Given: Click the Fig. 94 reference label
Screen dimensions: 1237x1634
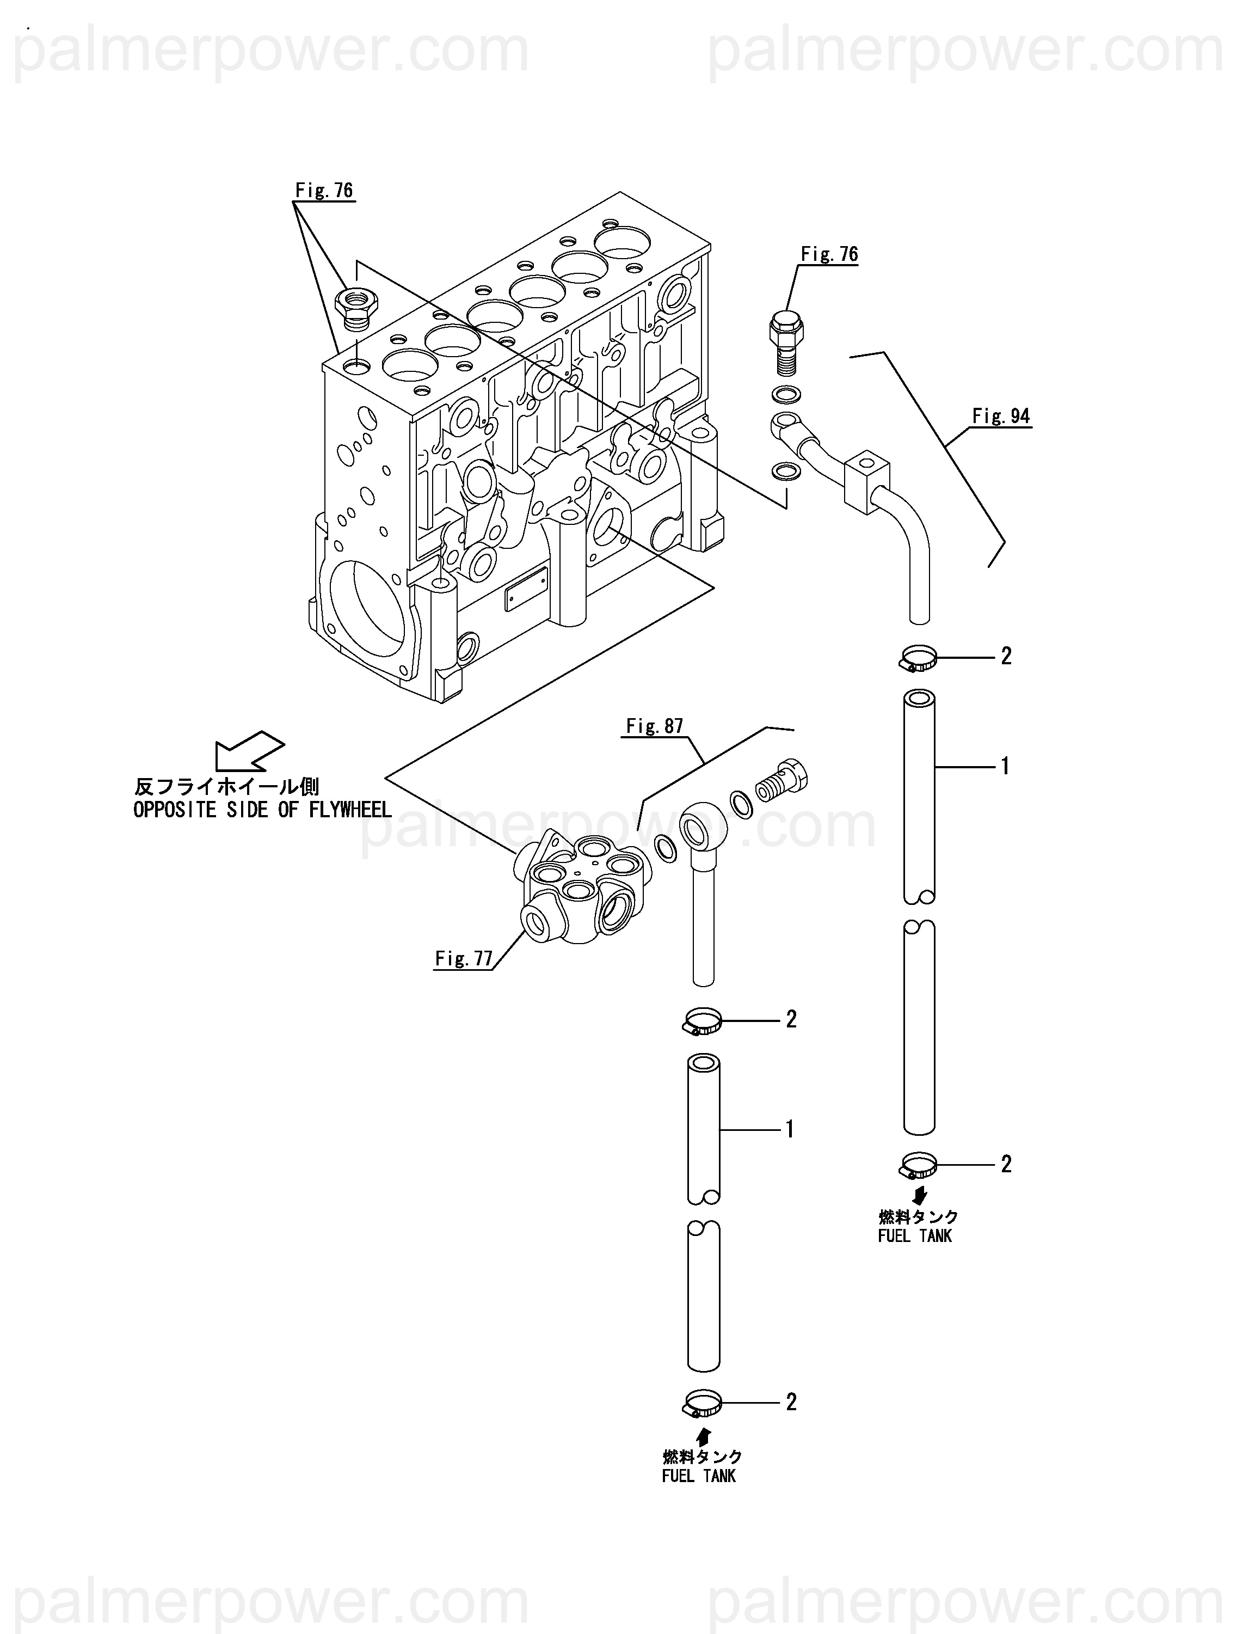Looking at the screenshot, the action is coord(1001,416).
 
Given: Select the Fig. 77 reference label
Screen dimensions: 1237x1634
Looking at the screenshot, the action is coord(464,959).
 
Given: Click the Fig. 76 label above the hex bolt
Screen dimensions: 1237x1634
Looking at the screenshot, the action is coord(829,254).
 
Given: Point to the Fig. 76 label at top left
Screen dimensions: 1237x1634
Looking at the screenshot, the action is coord(324,191).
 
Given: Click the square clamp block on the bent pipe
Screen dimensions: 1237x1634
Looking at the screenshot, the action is coord(867,481).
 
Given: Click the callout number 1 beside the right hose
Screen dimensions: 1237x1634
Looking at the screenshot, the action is coord(1005,767).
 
